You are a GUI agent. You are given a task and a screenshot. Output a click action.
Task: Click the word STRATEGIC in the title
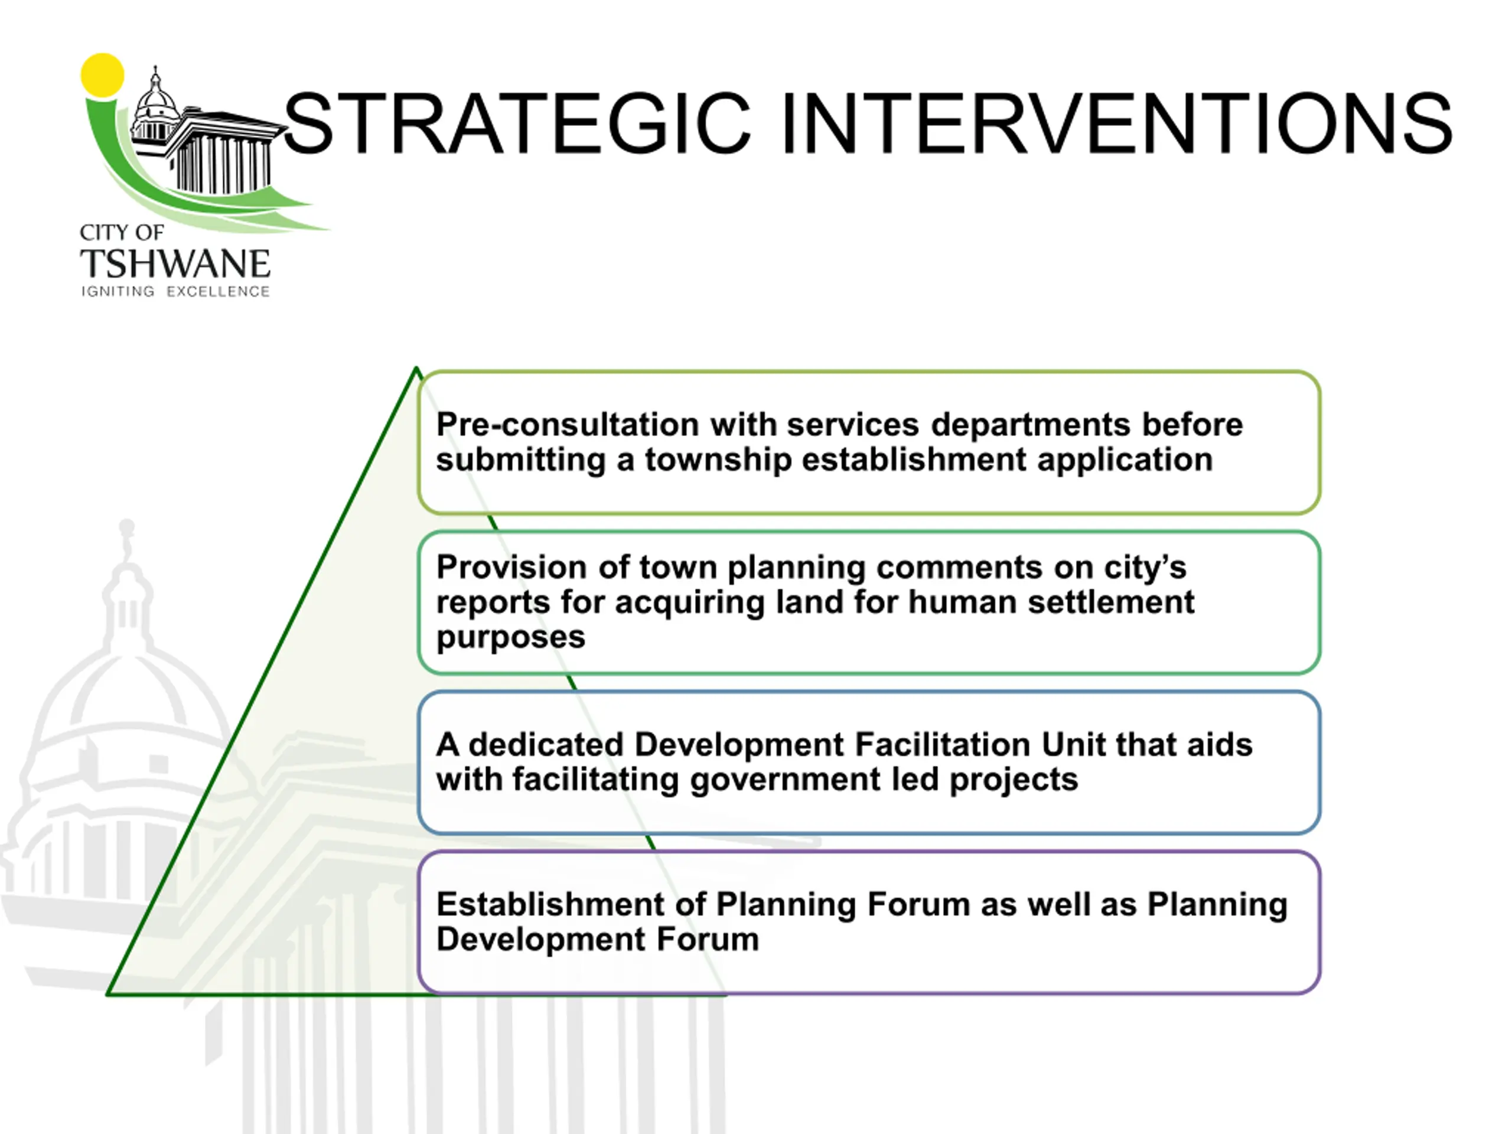pos(517,123)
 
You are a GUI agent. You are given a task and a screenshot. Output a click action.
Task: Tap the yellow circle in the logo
pos(103,75)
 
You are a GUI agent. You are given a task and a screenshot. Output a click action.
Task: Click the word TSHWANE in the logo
pos(175,264)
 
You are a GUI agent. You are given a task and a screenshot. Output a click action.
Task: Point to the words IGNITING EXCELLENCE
pos(175,292)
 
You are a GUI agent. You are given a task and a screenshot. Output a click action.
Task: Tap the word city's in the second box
pos(1145,568)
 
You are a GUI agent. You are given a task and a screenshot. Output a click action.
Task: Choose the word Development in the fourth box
pos(540,940)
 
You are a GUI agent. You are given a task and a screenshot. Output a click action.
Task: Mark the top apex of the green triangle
pos(417,369)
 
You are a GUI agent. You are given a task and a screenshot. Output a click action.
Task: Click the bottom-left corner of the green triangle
pos(108,994)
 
